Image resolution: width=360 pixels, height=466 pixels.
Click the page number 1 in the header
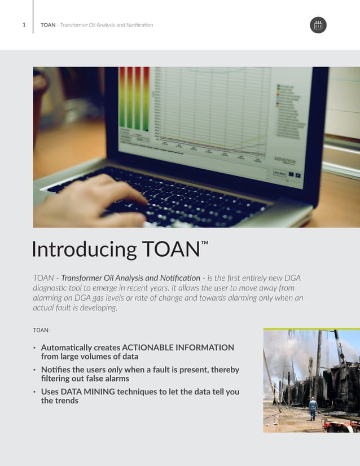coord(24,25)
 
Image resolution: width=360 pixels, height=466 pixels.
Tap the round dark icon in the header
coord(318,25)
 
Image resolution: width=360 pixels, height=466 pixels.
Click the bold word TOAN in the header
coord(48,25)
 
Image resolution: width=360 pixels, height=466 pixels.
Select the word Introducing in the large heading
coord(84,249)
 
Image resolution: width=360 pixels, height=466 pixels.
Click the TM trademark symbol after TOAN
coord(205,243)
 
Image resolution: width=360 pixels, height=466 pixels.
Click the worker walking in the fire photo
coord(313,408)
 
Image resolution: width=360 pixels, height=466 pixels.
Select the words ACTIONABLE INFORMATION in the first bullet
coord(178,348)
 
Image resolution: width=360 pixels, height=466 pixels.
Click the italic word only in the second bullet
coord(115,370)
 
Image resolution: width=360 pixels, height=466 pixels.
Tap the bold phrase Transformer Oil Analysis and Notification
coord(130,278)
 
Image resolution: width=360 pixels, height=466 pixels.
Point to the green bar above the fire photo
coord(311,328)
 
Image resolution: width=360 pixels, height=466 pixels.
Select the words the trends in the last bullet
coord(59,401)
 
